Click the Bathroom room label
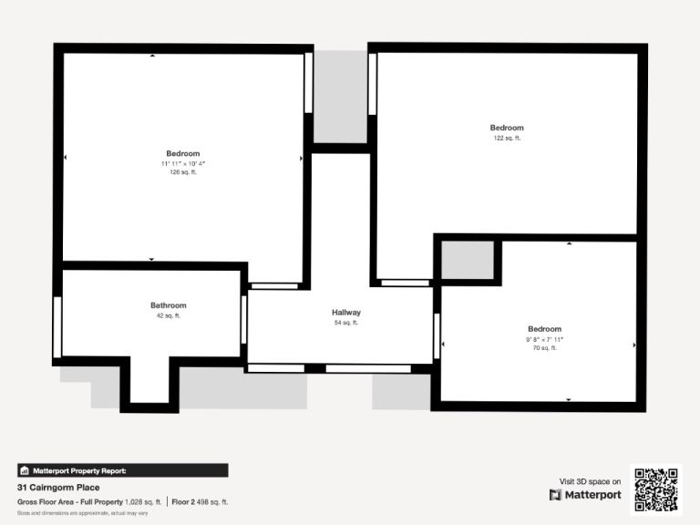[x=169, y=305]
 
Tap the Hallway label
[x=346, y=313]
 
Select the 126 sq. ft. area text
[x=183, y=172]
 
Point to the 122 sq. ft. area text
[x=507, y=138]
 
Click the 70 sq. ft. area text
[x=545, y=348]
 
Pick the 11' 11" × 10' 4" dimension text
[x=183, y=164]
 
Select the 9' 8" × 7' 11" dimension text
[x=545, y=339]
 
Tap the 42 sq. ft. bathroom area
[x=169, y=315]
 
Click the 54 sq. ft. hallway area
[x=346, y=323]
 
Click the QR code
[x=656, y=489]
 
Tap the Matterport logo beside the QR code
[x=585, y=495]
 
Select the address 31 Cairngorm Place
[x=58, y=488]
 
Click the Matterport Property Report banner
[x=123, y=470]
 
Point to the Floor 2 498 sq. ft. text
[x=200, y=502]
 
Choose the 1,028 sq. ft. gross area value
[x=143, y=502]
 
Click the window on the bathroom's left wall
[x=57, y=327]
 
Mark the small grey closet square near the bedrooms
[x=468, y=261]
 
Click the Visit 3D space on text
[x=591, y=481]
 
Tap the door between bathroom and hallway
[x=243, y=319]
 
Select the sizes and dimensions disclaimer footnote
[x=83, y=513]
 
